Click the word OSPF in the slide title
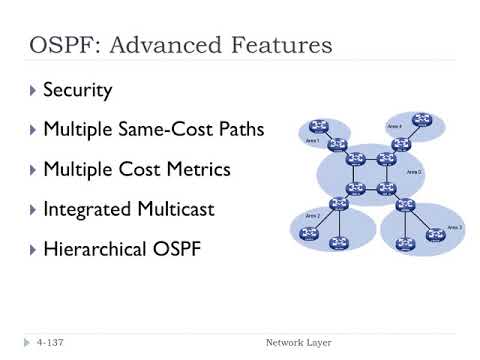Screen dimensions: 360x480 61,46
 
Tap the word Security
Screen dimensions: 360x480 78,90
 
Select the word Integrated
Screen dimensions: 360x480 90,209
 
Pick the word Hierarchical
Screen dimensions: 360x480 98,248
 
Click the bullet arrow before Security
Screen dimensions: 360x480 33,90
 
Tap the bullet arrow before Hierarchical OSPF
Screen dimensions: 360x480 33,248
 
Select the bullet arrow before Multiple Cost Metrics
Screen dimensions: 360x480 33,169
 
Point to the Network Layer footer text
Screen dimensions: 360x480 298,343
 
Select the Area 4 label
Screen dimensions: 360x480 394,127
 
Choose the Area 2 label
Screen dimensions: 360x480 313,215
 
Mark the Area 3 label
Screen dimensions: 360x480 455,228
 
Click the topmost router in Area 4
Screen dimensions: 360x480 421,119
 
